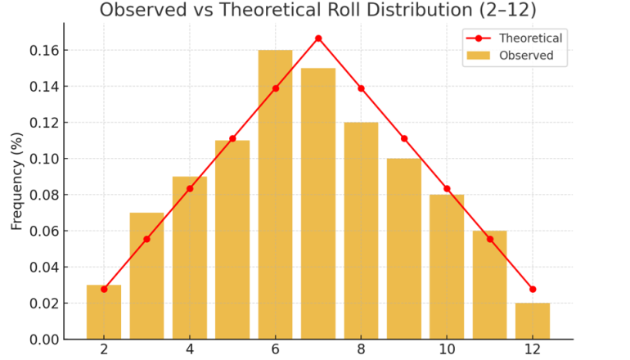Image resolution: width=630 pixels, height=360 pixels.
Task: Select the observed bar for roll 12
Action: point(533,321)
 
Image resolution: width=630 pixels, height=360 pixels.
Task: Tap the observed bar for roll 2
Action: point(104,312)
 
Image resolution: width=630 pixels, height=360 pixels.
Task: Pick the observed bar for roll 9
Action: point(404,249)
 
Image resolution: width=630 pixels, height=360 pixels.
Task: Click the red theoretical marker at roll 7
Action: point(318,38)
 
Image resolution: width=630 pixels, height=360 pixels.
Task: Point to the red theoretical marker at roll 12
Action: point(533,289)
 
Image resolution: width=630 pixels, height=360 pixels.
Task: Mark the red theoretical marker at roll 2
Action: point(104,289)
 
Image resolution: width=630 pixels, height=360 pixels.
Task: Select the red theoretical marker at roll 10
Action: point(447,189)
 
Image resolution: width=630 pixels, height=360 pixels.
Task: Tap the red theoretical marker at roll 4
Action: point(190,189)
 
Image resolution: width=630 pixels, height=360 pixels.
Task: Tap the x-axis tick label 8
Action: point(361,350)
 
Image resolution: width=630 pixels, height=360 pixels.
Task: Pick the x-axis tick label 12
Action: point(533,350)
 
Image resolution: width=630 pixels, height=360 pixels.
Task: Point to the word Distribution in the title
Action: point(409,11)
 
